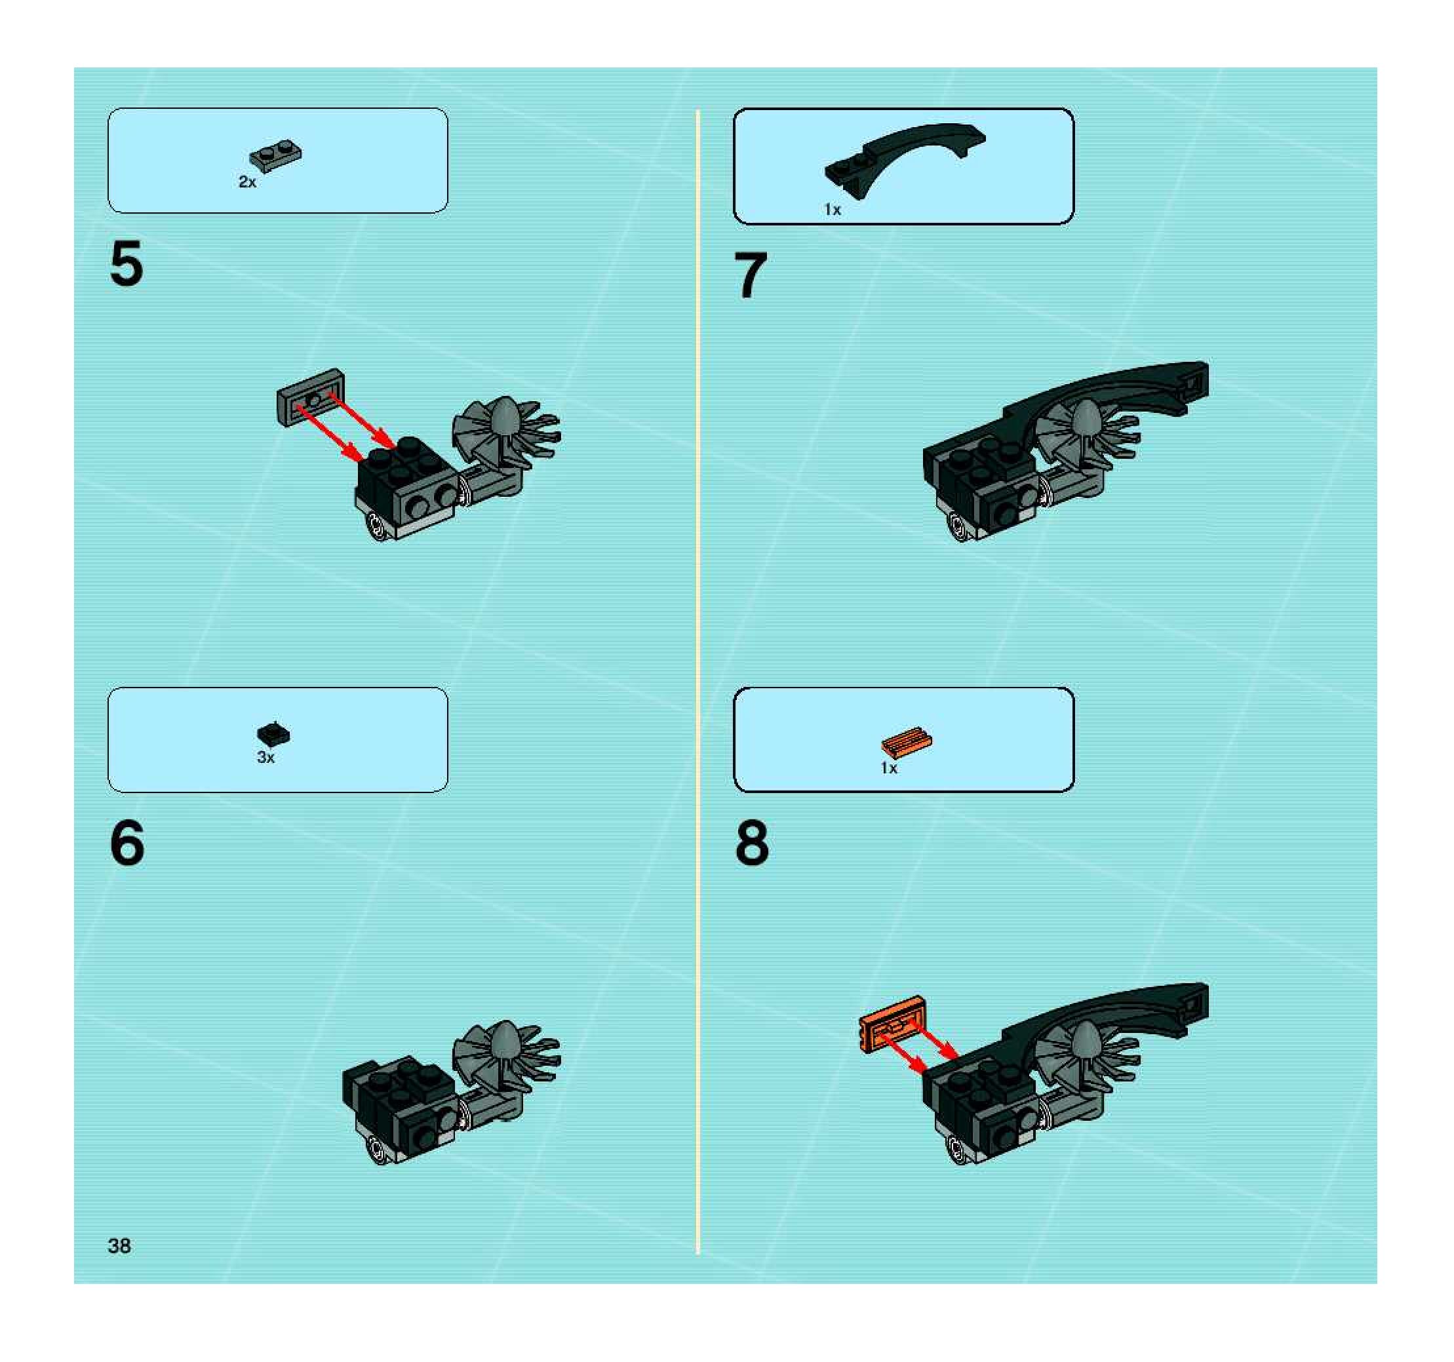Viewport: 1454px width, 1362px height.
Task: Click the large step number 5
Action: tap(127, 264)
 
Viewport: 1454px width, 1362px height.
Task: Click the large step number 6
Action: tap(127, 843)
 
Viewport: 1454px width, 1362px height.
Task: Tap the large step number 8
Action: tap(752, 843)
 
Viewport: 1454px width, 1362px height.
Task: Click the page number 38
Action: tap(119, 1246)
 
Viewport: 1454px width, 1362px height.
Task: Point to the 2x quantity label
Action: tap(247, 182)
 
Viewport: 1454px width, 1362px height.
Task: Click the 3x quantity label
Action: tap(265, 758)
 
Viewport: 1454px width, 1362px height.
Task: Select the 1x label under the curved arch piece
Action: tap(833, 210)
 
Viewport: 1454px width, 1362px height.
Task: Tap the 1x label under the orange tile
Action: tap(889, 768)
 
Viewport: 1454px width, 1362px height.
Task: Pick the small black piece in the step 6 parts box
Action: tap(273, 734)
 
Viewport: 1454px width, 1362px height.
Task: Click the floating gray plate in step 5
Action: tap(311, 397)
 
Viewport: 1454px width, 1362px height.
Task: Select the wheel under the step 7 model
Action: tap(959, 526)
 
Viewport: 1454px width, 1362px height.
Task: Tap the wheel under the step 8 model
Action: tap(959, 1148)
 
